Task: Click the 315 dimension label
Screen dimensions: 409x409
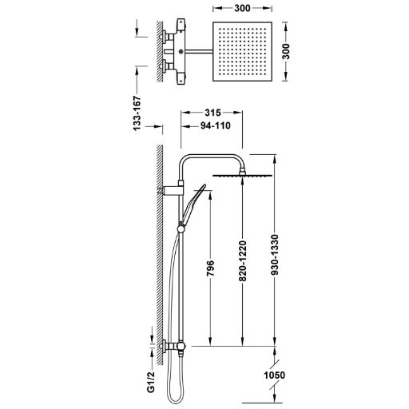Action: click(x=212, y=113)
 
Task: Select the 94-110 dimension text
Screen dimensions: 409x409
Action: click(x=216, y=125)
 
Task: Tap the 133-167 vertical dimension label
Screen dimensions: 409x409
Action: click(x=137, y=113)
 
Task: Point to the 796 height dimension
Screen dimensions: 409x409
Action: click(x=210, y=268)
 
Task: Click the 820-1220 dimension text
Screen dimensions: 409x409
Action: click(x=243, y=261)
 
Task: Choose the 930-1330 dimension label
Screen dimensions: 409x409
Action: click(x=274, y=255)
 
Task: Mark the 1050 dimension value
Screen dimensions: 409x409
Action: click(x=274, y=375)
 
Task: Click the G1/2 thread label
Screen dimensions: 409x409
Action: click(x=151, y=383)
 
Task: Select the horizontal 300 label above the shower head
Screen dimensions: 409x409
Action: click(x=242, y=9)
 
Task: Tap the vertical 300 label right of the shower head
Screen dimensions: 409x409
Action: click(x=286, y=51)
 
